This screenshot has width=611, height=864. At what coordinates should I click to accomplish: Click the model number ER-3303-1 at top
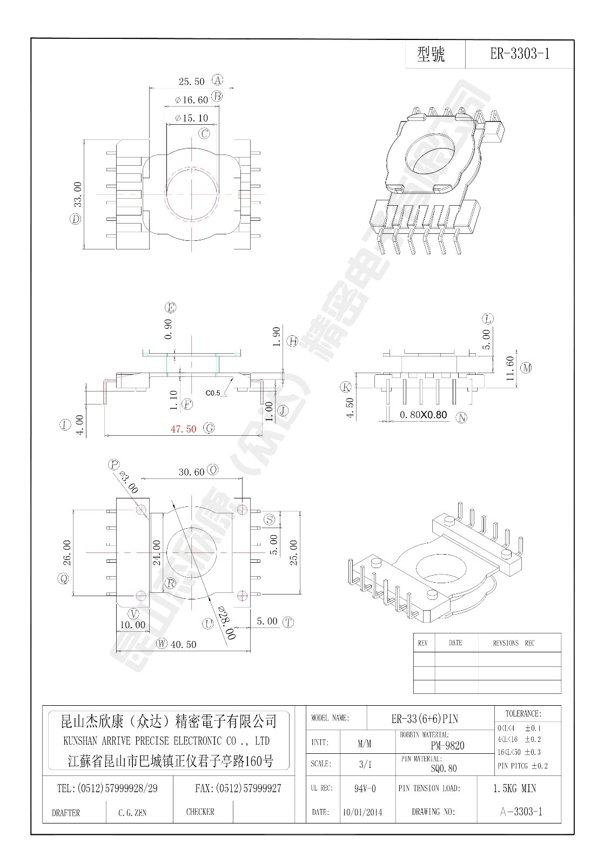click(x=519, y=54)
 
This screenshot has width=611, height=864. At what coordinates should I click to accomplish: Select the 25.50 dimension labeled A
click(x=191, y=82)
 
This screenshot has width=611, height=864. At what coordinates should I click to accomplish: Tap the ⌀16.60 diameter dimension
click(x=191, y=100)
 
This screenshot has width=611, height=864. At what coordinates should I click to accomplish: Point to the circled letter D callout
click(x=75, y=219)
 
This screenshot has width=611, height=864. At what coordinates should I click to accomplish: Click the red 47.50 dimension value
click(x=183, y=429)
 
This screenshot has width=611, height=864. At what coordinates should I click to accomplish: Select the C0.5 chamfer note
click(x=213, y=393)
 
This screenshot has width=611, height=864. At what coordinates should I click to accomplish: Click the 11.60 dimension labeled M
click(x=510, y=368)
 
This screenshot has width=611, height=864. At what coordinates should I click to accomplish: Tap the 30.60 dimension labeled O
click(x=191, y=472)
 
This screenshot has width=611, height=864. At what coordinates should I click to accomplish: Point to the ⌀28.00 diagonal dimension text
click(x=226, y=623)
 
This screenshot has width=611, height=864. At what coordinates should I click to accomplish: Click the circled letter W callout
click(x=162, y=643)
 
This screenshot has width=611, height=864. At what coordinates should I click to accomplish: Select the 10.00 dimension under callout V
click(x=133, y=625)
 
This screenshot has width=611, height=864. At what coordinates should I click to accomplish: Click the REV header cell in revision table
click(x=423, y=643)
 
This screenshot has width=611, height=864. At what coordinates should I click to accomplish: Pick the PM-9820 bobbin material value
click(x=447, y=746)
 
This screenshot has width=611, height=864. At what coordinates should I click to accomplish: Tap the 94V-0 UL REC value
click(x=365, y=789)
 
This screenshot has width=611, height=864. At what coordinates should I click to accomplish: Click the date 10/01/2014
click(x=362, y=812)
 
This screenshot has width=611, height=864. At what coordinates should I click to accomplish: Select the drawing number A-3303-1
click(x=521, y=812)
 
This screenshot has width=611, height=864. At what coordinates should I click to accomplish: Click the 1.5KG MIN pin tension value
click(x=514, y=788)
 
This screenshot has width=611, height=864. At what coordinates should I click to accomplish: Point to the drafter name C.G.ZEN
click(x=132, y=813)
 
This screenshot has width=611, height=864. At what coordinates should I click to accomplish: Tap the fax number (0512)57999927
click(x=238, y=788)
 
